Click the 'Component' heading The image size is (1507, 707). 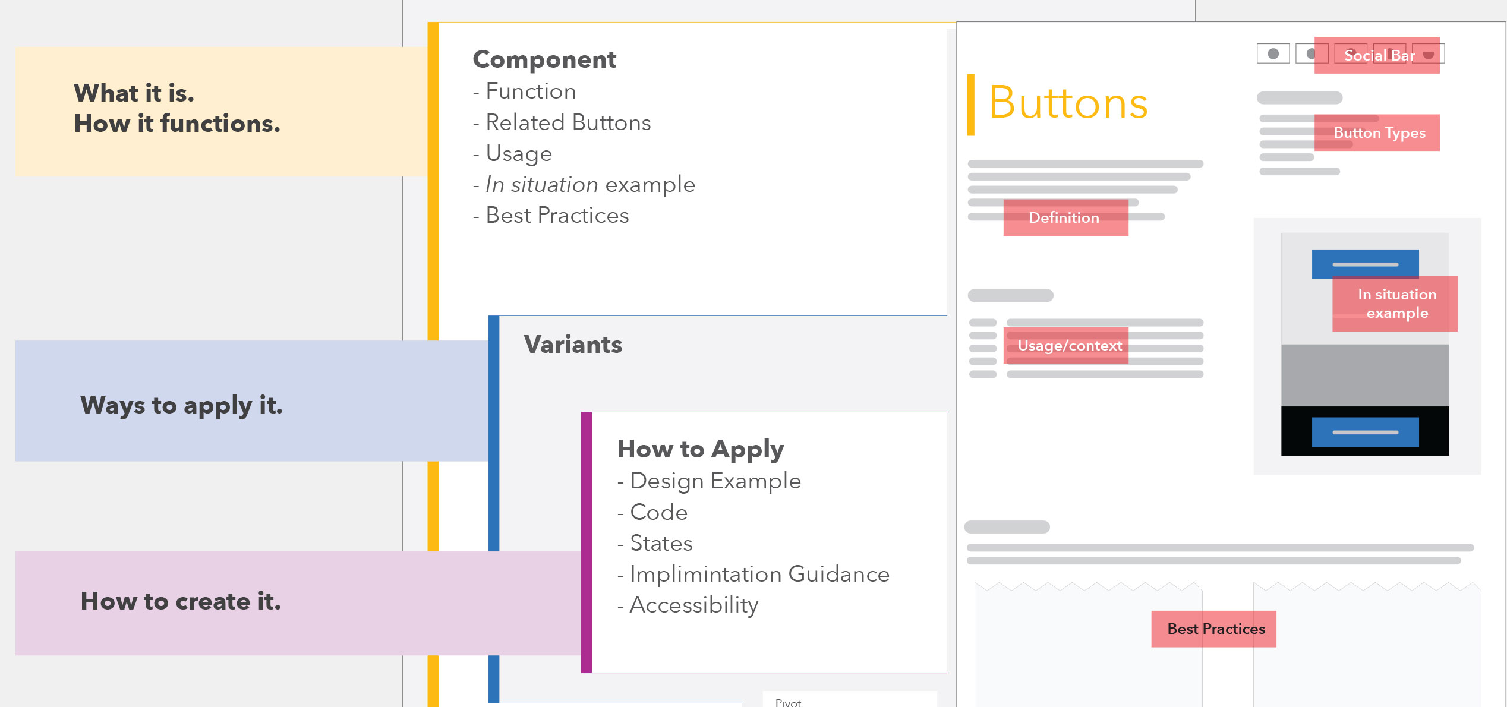[544, 60]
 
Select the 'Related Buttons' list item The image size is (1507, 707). [562, 122]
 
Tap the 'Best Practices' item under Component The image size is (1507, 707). [551, 215]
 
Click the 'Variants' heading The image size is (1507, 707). [573, 345]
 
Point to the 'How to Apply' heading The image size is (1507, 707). [701, 450]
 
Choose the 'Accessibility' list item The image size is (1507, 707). [688, 605]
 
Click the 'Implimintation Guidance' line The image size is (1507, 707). [753, 574]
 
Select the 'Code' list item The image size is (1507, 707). [652, 512]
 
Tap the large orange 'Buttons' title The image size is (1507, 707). [1068, 103]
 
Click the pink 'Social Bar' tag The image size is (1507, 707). [1377, 55]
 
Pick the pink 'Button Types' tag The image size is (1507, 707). [1377, 132]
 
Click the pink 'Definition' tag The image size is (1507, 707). [1066, 217]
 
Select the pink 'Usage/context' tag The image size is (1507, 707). [1066, 346]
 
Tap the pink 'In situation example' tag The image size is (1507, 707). [1395, 304]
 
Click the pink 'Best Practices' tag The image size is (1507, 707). [1214, 629]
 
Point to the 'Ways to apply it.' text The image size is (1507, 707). [181, 406]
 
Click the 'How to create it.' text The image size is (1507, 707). [181, 601]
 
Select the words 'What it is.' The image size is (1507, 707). [134, 93]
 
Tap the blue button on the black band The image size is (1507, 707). [1366, 432]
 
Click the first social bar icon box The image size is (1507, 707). [1273, 53]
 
